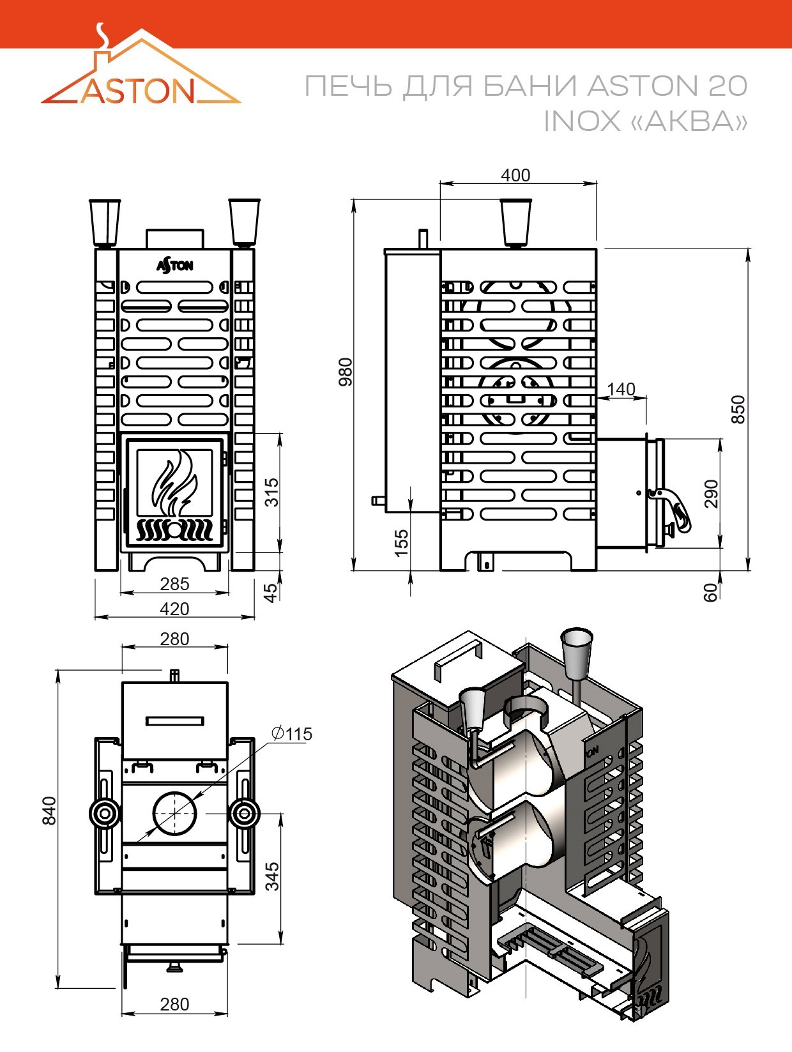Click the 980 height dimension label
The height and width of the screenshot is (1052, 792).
[x=346, y=372]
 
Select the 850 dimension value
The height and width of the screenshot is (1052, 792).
[x=738, y=409]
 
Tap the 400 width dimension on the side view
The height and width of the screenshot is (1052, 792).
[x=515, y=175]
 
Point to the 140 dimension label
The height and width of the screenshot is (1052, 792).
[x=621, y=389]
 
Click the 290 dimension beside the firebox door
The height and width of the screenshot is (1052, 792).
[x=711, y=494]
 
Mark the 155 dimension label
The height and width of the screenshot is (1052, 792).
[x=402, y=543]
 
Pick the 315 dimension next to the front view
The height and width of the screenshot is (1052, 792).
[x=271, y=492]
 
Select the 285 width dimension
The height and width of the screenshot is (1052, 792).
[x=174, y=584]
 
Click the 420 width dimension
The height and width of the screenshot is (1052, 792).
[x=174, y=609]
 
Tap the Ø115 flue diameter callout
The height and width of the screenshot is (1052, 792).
[x=291, y=733]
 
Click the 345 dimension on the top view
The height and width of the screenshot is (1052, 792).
[x=271, y=876]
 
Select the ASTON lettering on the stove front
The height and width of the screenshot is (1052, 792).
[x=175, y=266]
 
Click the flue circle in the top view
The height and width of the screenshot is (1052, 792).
[x=174, y=813]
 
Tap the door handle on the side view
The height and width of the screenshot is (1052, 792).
[x=671, y=510]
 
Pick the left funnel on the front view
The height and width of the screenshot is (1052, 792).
[x=105, y=223]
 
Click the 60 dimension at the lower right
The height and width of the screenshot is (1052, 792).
[x=711, y=592]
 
